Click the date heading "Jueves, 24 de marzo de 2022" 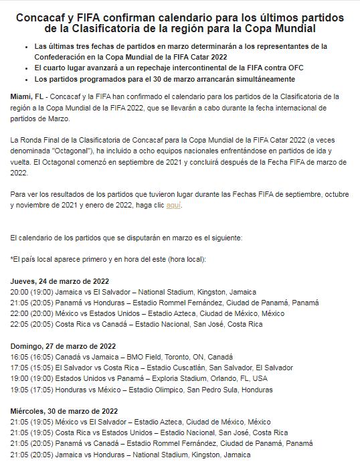(x=60, y=282)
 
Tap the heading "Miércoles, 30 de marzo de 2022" (x=64, y=410)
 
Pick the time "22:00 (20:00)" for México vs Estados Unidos (x=33, y=314)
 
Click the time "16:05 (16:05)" (x=33, y=357)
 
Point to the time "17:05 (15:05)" (x=33, y=368)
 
